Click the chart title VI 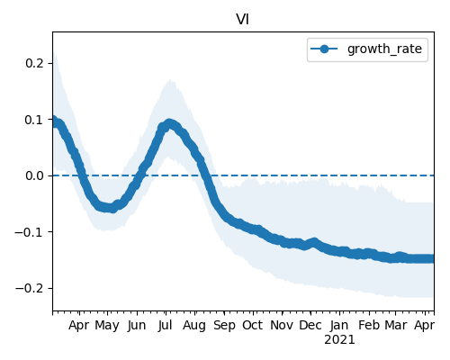pyautogui.click(x=242, y=20)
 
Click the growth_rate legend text pyautogui.click(x=384, y=49)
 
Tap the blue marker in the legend pyautogui.click(x=324, y=49)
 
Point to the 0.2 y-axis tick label pyautogui.click(x=35, y=63)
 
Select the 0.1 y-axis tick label pyautogui.click(x=35, y=120)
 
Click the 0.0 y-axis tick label pyautogui.click(x=35, y=175)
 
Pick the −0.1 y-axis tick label pyautogui.click(x=30, y=232)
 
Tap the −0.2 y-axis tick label pyautogui.click(x=30, y=288)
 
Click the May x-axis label pyautogui.click(x=107, y=326)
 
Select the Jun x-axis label pyautogui.click(x=137, y=326)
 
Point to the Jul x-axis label pyautogui.click(x=166, y=326)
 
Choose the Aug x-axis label pyautogui.click(x=194, y=326)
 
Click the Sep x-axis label pyautogui.click(x=224, y=326)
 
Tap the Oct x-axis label pyautogui.click(x=253, y=325)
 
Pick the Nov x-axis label pyautogui.click(x=282, y=325)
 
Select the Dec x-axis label pyautogui.click(x=310, y=325)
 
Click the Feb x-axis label pyautogui.click(x=369, y=325)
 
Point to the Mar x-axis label pyautogui.click(x=396, y=325)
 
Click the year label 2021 pyautogui.click(x=339, y=340)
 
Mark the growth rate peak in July pyautogui.click(x=169, y=124)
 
